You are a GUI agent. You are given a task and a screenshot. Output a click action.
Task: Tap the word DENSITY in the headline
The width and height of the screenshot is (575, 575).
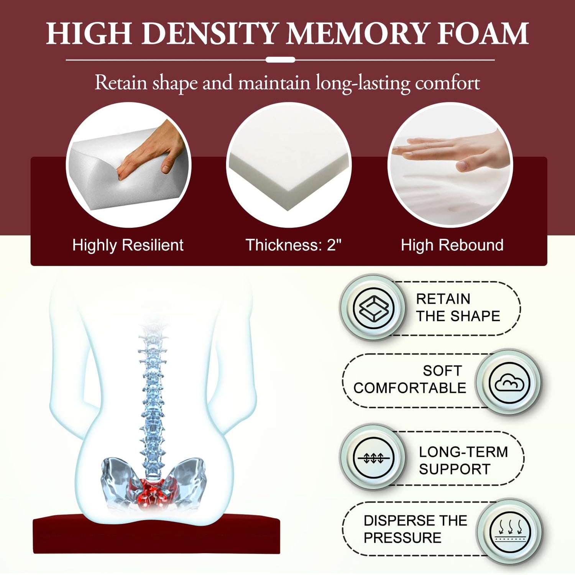click(x=209, y=34)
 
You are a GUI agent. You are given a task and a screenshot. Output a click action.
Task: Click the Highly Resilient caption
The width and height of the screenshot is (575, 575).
click(x=128, y=245)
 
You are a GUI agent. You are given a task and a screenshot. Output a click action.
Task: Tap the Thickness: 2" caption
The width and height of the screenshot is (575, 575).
click(x=293, y=245)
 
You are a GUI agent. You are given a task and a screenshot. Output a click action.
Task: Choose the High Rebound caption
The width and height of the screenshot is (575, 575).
click(x=452, y=245)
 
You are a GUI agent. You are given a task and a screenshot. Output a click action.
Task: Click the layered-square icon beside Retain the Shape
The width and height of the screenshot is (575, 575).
click(x=373, y=308)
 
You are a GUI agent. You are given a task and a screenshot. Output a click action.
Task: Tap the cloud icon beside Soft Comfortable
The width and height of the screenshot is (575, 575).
click(x=509, y=383)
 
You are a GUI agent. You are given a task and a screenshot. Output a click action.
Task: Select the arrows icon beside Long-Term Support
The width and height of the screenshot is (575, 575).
click(x=373, y=457)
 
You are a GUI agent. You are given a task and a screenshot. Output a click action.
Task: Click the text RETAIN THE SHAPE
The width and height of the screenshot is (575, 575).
click(x=458, y=307)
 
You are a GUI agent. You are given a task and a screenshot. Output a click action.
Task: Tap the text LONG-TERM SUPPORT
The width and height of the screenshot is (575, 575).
click(x=463, y=460)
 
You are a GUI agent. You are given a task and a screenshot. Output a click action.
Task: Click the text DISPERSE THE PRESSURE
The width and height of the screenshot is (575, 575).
click(x=415, y=529)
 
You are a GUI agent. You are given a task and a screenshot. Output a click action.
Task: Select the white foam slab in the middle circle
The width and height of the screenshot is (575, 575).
click(x=289, y=169)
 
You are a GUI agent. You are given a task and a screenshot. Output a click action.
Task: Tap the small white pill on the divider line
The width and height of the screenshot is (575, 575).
click(x=280, y=60)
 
